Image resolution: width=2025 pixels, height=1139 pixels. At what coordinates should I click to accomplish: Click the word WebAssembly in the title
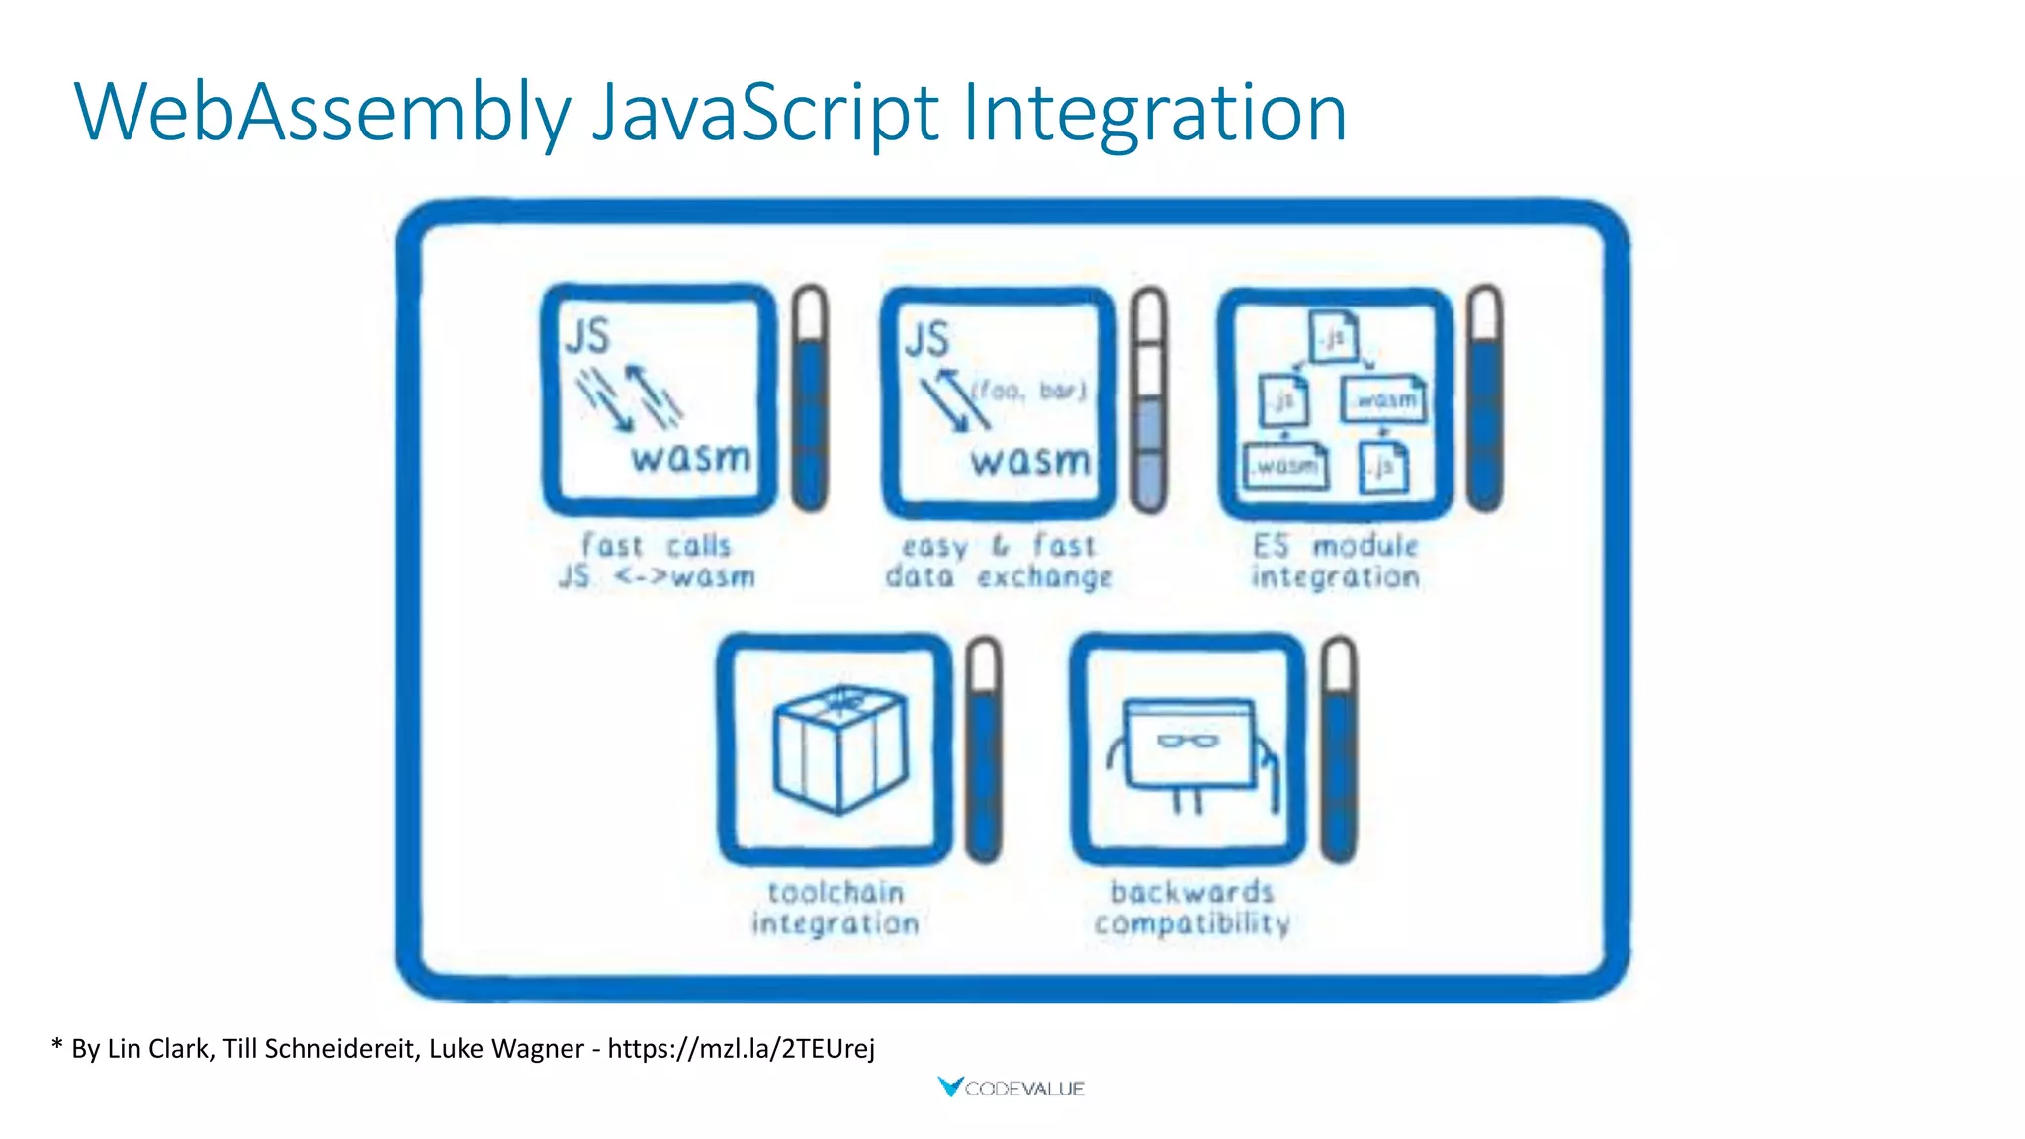point(322,113)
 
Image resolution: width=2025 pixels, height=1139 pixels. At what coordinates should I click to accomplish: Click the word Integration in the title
point(1154,113)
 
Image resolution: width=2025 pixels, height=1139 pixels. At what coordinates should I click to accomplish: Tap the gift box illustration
point(839,747)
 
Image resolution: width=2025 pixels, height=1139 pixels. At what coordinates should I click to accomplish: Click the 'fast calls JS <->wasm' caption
point(657,561)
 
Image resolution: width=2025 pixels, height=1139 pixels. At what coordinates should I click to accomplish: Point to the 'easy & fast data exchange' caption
point(999,561)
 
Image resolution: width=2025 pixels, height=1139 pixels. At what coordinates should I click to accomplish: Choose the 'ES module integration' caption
point(1335,561)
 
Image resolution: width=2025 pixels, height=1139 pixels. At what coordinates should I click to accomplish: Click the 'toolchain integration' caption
point(836,908)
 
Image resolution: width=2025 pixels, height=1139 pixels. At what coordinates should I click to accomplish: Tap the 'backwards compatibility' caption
point(1191,908)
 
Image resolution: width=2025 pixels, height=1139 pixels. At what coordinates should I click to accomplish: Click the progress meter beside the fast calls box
point(810,398)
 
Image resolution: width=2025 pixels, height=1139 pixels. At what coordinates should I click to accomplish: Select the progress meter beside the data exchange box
point(1149,398)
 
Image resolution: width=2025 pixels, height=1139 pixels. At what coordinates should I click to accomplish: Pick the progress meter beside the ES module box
point(1485,398)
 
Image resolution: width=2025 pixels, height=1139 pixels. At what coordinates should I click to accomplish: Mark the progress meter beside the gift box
point(984,749)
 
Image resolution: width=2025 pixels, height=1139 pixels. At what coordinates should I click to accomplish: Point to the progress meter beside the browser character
point(1339,749)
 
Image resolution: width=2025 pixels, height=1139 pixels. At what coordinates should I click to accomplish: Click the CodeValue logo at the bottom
point(1012,1088)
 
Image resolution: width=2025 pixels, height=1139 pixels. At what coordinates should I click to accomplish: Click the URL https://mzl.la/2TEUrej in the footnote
point(741,1048)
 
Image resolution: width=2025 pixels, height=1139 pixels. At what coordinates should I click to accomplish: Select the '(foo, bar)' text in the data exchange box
point(1029,391)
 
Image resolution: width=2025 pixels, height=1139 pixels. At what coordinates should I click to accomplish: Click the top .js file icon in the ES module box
point(1334,337)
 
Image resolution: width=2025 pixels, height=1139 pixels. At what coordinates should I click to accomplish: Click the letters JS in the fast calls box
point(587,335)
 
